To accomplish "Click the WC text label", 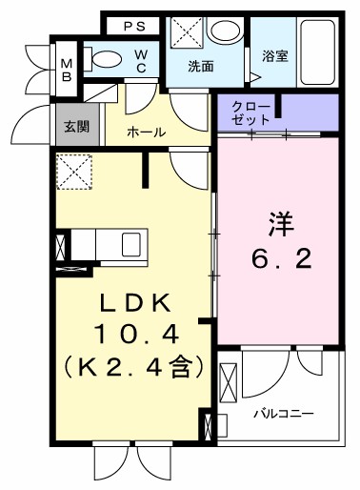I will coord(140,61).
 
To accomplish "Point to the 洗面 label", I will coord(199,66).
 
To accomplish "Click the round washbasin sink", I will coord(225,32).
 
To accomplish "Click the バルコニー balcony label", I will coord(283,414).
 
